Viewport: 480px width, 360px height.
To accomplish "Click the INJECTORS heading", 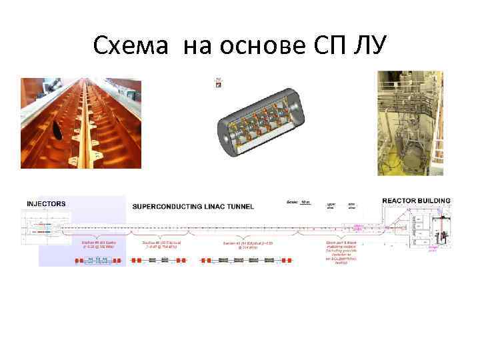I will [x=46, y=203].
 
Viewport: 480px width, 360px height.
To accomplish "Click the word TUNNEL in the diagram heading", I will [x=239, y=207].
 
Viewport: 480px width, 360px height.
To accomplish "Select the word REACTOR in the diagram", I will [x=402, y=200].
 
